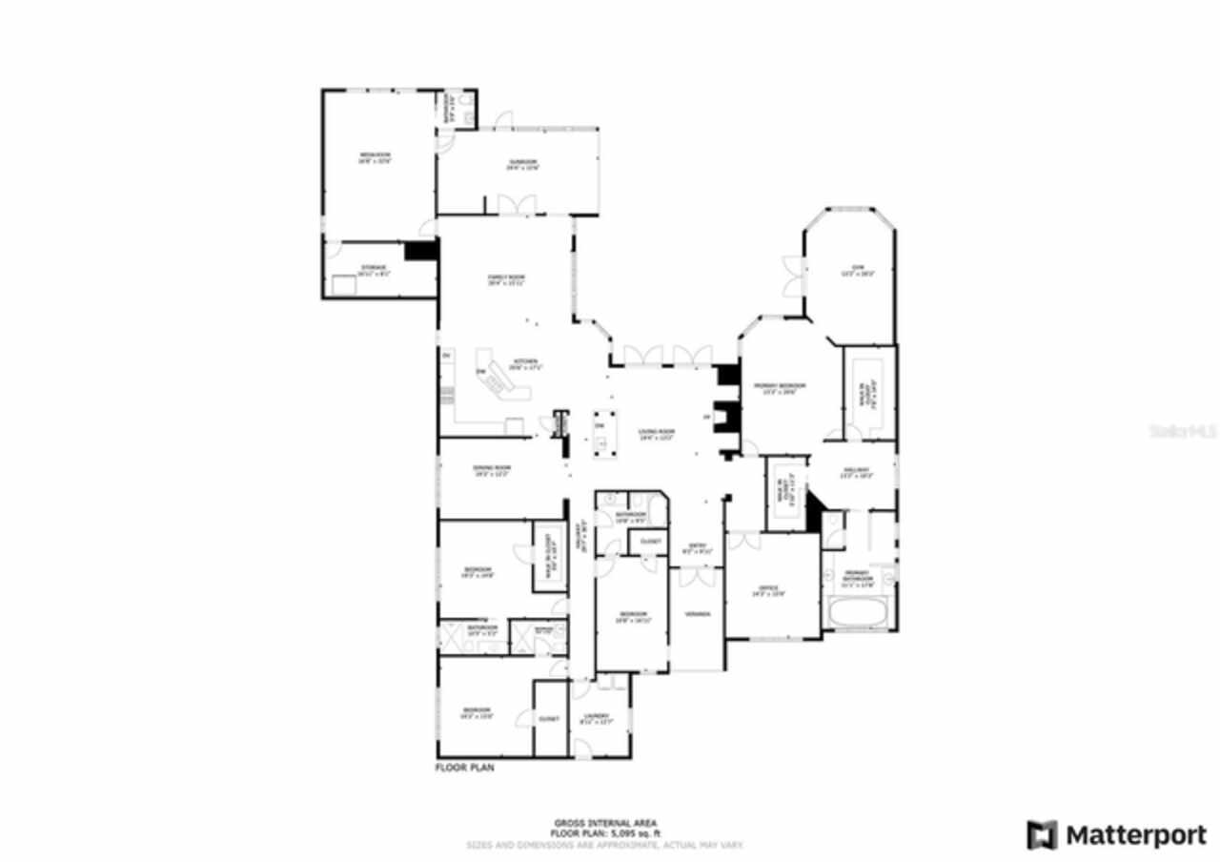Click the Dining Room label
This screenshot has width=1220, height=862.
(493, 468)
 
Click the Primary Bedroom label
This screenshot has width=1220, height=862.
(780, 386)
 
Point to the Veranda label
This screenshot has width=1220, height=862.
(698, 614)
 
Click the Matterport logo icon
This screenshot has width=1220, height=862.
(1042, 835)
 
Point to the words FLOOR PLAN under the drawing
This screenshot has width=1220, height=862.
(465, 767)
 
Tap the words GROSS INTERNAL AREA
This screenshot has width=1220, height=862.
(605, 823)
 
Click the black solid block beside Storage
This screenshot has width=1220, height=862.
(419, 250)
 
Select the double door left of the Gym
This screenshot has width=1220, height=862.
(791, 276)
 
